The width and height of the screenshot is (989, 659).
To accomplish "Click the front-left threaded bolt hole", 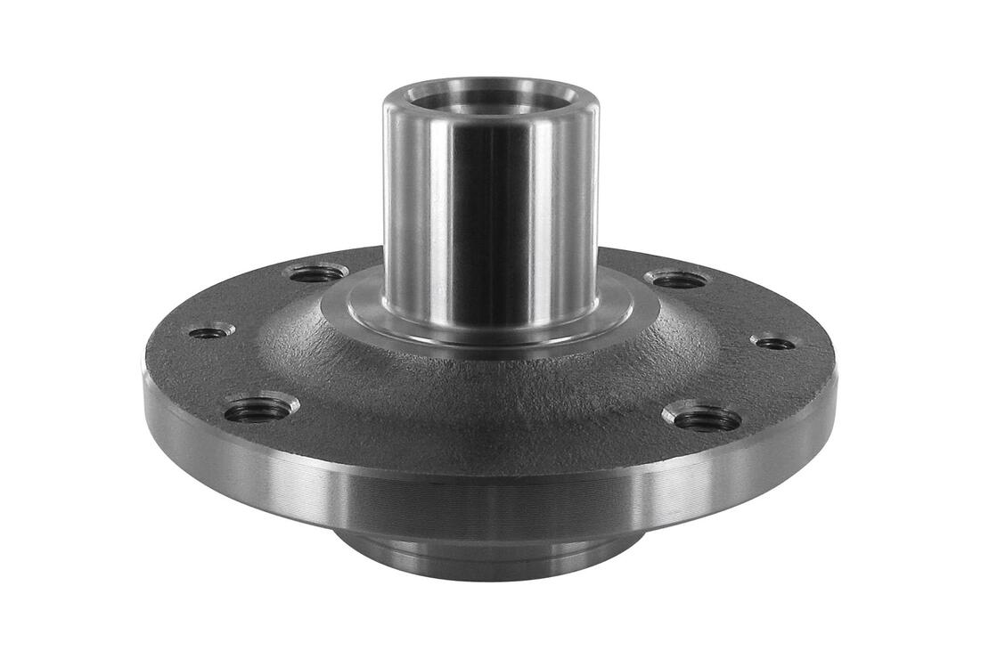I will (x=258, y=411).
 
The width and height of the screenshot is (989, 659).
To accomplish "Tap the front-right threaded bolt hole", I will (x=707, y=419).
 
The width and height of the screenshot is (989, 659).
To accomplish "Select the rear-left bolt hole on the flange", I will (x=316, y=273).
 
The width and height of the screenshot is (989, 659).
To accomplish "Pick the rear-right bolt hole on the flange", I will (x=679, y=280).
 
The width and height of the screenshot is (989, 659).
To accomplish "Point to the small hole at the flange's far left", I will (x=210, y=332).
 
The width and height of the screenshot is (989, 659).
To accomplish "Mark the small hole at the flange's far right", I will (x=773, y=343).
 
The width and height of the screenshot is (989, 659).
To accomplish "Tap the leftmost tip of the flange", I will (x=145, y=378).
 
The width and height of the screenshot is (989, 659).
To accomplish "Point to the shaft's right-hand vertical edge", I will (x=595, y=214).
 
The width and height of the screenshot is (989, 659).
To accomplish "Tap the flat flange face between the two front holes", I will (x=481, y=445).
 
